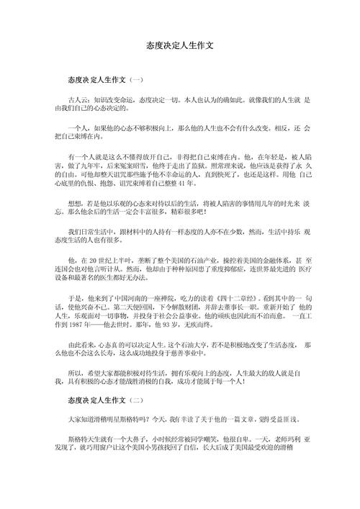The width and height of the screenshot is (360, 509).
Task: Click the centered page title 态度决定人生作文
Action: [x=179, y=45]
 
